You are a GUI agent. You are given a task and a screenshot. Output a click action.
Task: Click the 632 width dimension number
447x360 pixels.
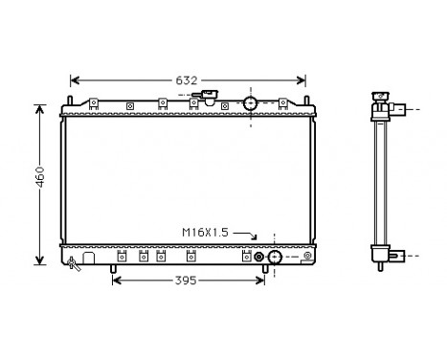point(188,80)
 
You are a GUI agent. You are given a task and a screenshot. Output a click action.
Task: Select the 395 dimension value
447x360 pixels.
point(187,281)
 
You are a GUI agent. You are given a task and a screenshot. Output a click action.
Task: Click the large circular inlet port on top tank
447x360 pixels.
point(251,102)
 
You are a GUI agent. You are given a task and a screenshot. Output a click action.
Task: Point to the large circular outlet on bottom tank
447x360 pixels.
point(274,257)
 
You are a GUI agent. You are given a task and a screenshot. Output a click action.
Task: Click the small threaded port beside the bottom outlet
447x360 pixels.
point(257,257)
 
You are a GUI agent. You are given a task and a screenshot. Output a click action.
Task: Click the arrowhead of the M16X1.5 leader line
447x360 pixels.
point(256,236)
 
